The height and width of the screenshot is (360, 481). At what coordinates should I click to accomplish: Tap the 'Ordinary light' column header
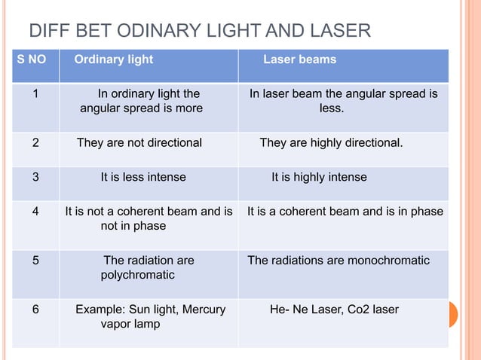[114, 59]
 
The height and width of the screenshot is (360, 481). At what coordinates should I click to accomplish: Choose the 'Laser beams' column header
[299, 59]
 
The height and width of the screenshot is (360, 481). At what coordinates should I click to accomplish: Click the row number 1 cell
[35, 94]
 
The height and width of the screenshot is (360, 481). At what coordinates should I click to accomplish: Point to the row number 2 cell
[35, 143]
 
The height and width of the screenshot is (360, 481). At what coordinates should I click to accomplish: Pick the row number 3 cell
[35, 178]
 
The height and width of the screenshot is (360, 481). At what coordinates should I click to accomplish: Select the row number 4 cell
[35, 212]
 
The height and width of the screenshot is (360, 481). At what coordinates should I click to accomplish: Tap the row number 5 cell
[35, 261]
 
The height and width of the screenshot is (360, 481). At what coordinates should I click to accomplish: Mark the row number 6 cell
[35, 310]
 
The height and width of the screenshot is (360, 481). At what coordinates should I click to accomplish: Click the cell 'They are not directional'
[139, 143]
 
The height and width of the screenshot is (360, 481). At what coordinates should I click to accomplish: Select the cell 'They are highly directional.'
[331, 143]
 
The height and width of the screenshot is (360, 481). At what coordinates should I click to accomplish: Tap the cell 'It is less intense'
[143, 178]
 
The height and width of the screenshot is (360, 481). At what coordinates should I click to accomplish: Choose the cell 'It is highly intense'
[319, 178]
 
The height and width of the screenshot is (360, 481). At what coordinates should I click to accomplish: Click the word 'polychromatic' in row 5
[138, 276]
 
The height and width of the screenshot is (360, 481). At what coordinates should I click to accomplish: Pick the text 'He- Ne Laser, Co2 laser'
[334, 310]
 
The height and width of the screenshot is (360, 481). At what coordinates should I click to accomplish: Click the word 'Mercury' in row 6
[204, 310]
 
